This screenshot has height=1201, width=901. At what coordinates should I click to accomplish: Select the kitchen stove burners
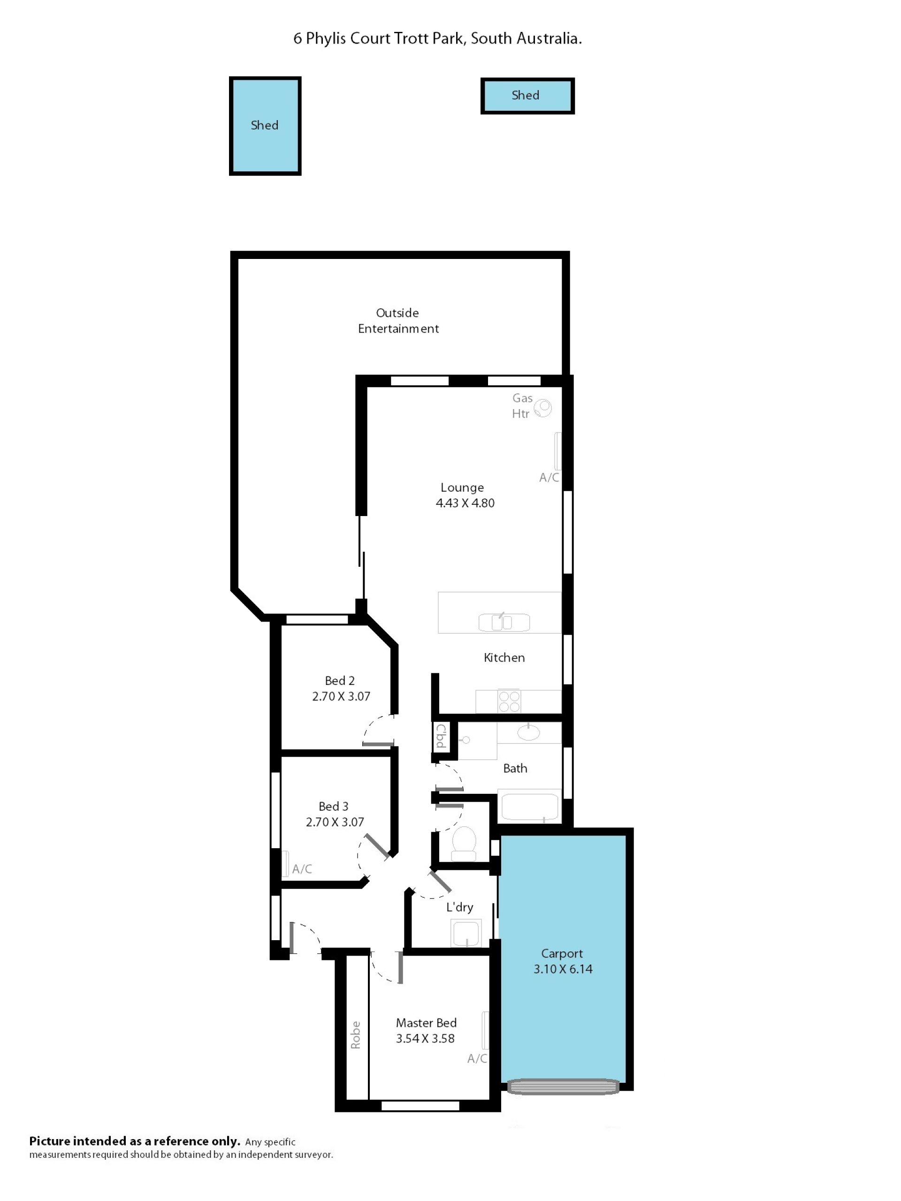coord(510,701)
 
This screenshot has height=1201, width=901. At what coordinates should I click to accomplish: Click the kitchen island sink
coord(504,622)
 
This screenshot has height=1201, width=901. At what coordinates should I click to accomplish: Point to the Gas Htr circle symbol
coord(542,408)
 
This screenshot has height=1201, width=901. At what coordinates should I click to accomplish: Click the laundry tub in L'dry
coord(466,933)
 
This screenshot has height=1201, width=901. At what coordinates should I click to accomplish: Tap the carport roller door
coord(563,1087)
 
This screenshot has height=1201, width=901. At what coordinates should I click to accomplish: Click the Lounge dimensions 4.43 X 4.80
coord(465,503)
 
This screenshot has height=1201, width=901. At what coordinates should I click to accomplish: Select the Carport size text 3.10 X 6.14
coord(563,969)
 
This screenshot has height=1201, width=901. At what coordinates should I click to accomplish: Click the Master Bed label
coord(426,1023)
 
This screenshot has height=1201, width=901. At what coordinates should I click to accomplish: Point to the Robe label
coord(355,1035)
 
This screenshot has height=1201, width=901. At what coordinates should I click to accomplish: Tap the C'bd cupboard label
coord(441,736)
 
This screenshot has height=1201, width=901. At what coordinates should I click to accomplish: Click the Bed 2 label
coord(339,681)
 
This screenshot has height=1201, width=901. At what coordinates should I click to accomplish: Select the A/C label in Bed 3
coord(302,869)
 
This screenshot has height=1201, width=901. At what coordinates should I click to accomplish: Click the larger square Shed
coord(265,126)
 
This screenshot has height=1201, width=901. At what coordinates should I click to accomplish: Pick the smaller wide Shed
coord(527,96)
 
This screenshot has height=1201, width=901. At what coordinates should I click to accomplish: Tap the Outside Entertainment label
coord(398,320)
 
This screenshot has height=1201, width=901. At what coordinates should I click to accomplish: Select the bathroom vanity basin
coord(528,732)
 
